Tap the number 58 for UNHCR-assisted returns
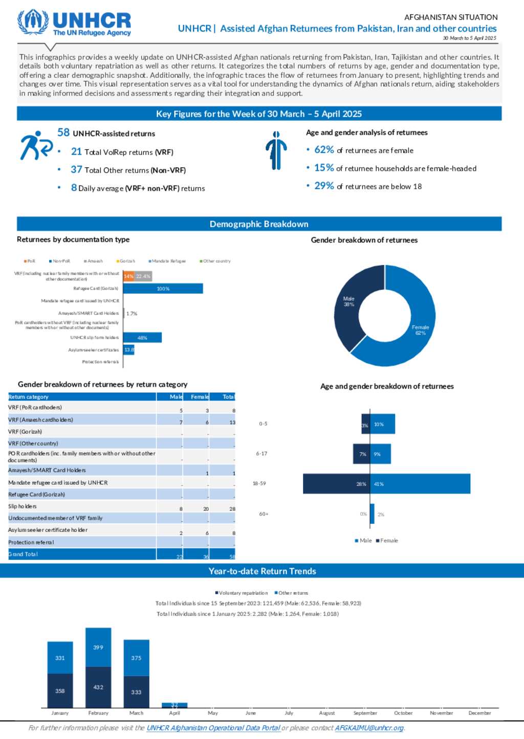[63, 132]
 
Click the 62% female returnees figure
[324, 150]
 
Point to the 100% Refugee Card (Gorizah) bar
[163, 289]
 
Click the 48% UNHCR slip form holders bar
[142, 338]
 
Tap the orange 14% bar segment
[128, 276]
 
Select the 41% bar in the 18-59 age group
[420, 484]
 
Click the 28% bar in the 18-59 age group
[336, 484]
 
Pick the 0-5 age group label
[263, 424]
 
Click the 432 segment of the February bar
[98, 687]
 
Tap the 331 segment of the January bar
[60, 658]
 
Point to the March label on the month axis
[136, 713]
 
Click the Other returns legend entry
[293, 593]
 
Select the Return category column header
[29, 397]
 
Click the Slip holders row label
[23, 506]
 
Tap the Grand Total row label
[23, 554]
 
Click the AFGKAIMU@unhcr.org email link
[369, 728]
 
